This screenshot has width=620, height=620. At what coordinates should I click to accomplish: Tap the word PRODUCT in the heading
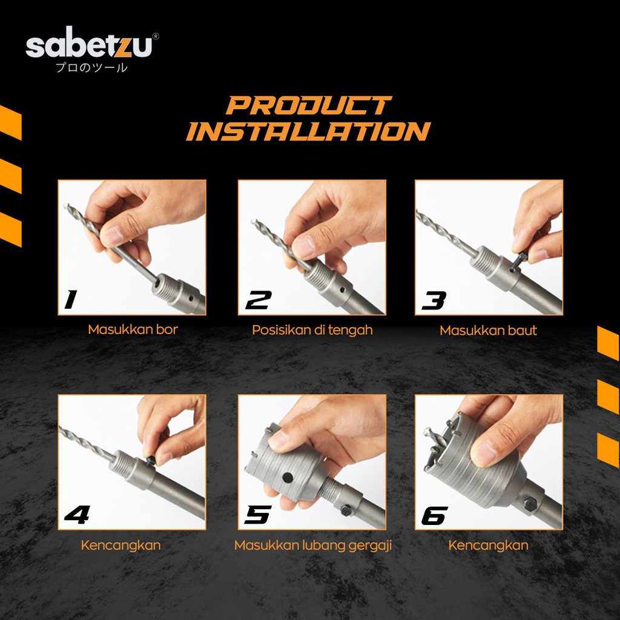pos(308,105)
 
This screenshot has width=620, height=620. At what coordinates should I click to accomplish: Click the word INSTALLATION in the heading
pos(308,131)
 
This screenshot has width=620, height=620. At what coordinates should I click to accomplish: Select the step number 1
pos(71,299)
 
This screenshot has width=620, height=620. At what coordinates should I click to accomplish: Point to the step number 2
pos(259,300)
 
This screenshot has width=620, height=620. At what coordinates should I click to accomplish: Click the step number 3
pos(434,300)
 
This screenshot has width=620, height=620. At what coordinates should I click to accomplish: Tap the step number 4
pos(77,515)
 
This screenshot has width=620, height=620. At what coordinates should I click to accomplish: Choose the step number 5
pos(258,515)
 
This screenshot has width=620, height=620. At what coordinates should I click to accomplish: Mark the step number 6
pos(435,515)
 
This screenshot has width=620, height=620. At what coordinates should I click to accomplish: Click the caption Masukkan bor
pos(133,329)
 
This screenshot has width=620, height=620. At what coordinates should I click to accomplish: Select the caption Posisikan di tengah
pos(312,330)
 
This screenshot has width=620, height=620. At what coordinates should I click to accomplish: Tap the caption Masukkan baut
pos(489,331)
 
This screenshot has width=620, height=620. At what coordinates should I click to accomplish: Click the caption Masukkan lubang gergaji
pos(313,546)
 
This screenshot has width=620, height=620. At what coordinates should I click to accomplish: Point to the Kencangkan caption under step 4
pos(120,546)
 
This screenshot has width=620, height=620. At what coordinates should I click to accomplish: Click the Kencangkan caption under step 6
pos(489,546)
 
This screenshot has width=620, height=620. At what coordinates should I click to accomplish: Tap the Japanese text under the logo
pos(92,68)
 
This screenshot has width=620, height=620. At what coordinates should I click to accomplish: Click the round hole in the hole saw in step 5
pos(288,477)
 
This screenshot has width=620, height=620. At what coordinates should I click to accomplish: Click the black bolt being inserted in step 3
pos(516,262)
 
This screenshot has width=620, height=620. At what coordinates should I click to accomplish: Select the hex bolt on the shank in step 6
pos(529,504)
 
